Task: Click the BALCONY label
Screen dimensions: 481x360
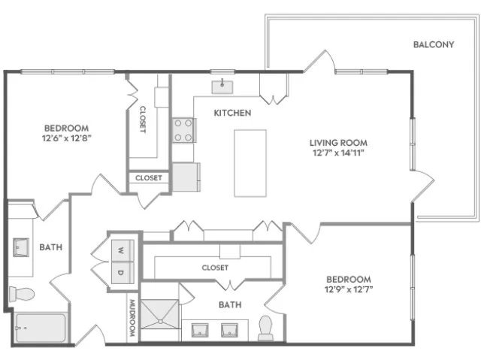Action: (434, 44)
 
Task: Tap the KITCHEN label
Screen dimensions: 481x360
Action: (232, 113)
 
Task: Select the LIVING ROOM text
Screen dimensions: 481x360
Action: (338, 143)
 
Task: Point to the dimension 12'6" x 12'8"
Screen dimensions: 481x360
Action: (67, 138)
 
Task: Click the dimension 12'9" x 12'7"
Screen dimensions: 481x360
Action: (349, 289)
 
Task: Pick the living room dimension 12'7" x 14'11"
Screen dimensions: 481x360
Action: (338, 153)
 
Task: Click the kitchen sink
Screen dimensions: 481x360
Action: (222, 87)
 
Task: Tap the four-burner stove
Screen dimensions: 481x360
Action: (183, 130)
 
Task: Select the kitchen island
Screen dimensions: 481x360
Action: (250, 163)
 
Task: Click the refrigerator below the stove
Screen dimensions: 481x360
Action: (186, 177)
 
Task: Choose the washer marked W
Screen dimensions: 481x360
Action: (123, 250)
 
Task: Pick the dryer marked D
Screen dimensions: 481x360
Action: (123, 272)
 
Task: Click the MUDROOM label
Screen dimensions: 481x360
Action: (132, 318)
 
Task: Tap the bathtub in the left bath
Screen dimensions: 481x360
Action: (41, 328)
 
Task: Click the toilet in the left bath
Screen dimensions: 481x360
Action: (22, 294)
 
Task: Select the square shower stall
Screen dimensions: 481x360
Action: (159, 314)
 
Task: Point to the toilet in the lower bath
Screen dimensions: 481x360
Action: (265, 328)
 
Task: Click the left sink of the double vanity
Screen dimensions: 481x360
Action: (200, 330)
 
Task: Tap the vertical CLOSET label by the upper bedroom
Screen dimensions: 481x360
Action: (143, 119)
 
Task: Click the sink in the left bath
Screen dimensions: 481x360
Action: (21, 247)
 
